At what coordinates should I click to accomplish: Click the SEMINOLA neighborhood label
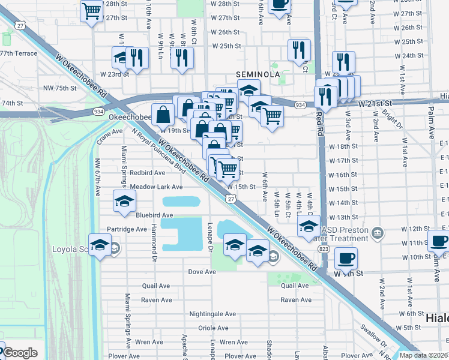258,74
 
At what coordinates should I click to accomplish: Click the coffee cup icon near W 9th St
345,258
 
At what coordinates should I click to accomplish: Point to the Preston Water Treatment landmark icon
378,232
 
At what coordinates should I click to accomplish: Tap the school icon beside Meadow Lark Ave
124,201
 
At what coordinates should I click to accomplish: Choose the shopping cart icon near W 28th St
91,10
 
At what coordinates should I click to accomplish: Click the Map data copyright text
427,355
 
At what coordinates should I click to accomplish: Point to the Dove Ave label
202,272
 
